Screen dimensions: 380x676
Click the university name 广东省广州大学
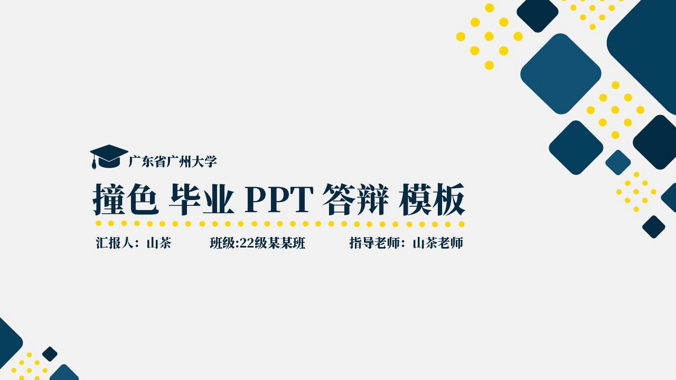point(173,162)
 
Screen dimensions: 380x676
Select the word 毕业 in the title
point(201,199)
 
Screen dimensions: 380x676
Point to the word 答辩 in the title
point(356,199)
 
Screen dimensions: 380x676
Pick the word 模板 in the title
point(432,199)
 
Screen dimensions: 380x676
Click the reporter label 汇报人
point(114,243)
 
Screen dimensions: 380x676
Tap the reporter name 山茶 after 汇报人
point(159,243)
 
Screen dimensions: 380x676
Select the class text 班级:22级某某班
point(258,243)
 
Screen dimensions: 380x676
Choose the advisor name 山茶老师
point(438,243)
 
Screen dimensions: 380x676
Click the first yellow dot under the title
point(99,223)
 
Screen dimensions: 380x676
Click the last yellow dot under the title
point(461,224)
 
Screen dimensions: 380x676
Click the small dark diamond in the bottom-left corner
point(50,354)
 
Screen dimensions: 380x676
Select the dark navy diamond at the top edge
point(537,13)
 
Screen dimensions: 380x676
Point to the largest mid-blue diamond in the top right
point(561,74)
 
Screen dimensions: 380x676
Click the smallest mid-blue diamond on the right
point(618,162)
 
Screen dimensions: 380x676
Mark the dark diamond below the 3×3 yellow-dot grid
point(653,227)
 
